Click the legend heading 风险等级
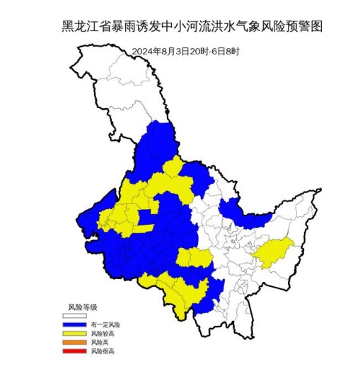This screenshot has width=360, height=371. coord(82,307)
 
